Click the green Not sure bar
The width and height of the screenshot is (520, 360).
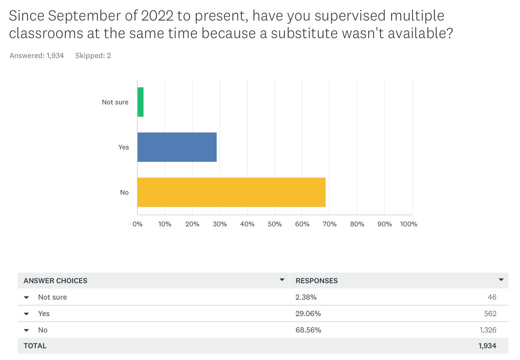(140, 102)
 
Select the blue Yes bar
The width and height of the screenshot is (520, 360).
(177, 147)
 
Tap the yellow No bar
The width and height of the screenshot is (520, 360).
(231, 192)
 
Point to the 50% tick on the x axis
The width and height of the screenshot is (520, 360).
(275, 224)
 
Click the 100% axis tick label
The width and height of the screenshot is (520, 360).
(409, 224)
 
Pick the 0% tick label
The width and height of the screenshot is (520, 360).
(137, 224)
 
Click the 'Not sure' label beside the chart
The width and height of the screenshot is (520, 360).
(115, 102)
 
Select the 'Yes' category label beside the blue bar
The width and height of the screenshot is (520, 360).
(123, 147)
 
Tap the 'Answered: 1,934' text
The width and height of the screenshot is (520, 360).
(37, 56)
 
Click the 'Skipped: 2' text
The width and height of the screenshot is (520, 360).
(93, 56)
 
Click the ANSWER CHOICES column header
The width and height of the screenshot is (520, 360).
(55, 281)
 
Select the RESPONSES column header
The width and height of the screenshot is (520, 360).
(317, 281)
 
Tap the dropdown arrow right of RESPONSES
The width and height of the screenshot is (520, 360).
(501, 280)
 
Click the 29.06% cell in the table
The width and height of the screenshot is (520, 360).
(308, 314)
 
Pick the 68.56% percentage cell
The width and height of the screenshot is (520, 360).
(308, 330)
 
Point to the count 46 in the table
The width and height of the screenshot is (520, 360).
(492, 297)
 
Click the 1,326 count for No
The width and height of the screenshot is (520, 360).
(488, 330)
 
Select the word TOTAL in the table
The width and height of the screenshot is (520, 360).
(35, 346)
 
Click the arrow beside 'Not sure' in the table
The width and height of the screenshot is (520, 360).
(26, 298)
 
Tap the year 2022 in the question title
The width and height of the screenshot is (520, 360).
(157, 16)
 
